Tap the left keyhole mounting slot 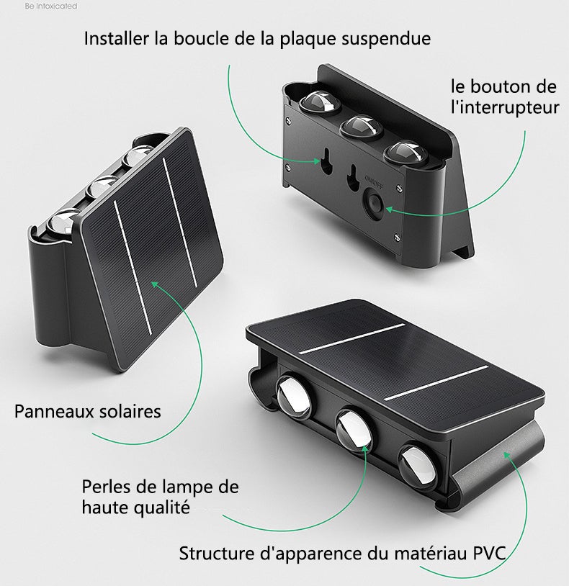pos(327,161)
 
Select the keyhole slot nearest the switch pos(351,177)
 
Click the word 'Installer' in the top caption pos(116,38)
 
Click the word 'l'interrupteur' pos(505,108)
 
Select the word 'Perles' pos(103,487)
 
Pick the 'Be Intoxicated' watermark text pos(51,6)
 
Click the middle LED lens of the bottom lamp pos(354,431)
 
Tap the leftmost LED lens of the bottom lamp pos(294,397)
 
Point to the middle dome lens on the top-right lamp pos(362,126)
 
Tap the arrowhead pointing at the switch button pos(389,209)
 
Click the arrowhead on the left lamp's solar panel pos(155,285)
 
